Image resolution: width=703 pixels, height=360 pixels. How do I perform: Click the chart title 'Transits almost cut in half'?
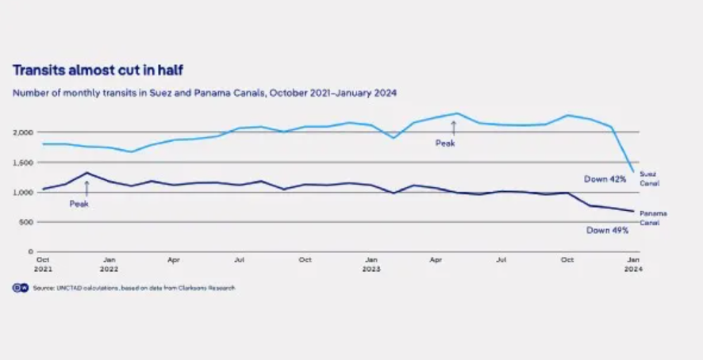98,71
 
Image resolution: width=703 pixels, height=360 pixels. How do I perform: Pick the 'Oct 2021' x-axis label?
44,264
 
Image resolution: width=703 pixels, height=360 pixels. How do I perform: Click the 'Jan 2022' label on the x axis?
109,264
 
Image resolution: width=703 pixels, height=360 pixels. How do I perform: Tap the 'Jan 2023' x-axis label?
371,264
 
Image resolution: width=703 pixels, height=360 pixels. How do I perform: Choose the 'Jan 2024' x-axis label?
632,264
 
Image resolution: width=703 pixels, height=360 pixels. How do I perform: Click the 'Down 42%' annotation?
605,179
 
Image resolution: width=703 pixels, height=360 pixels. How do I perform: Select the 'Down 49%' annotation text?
608,230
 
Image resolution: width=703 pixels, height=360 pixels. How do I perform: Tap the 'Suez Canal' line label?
648,178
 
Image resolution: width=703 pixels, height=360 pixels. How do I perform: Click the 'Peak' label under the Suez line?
445,144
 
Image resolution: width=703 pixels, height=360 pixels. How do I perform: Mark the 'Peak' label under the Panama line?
79,204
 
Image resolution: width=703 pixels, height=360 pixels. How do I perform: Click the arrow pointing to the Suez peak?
454,128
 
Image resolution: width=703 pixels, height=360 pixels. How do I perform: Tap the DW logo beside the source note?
20,288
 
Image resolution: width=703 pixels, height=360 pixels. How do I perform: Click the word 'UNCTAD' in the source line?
63,288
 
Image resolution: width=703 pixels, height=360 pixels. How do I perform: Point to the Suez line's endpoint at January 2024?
632,171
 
